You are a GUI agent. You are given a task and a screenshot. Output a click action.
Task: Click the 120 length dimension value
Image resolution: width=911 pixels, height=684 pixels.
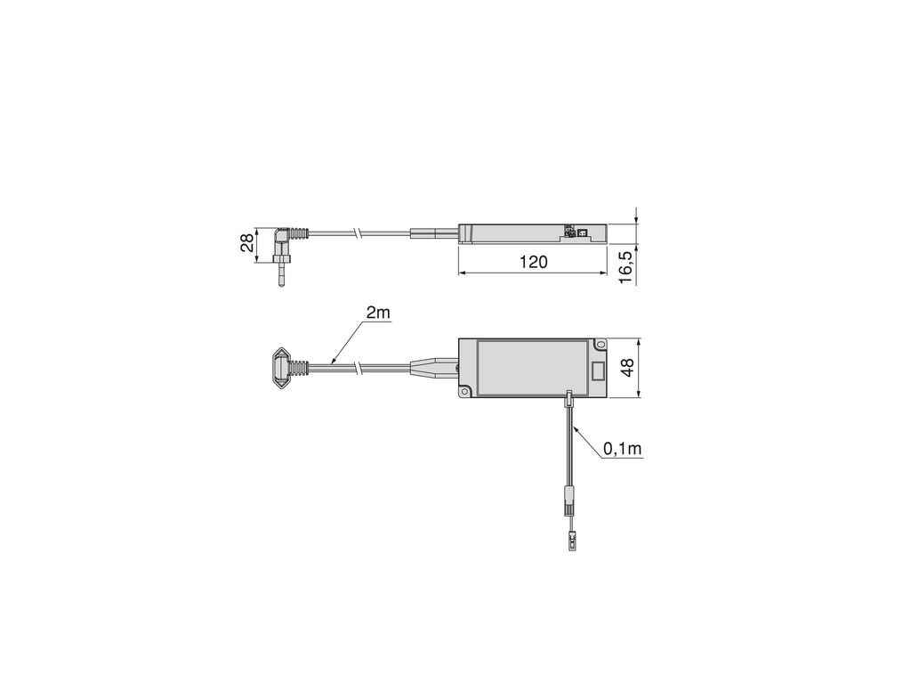tap(534, 263)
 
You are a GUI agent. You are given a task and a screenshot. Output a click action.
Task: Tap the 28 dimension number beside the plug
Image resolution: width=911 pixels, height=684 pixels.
tap(247, 242)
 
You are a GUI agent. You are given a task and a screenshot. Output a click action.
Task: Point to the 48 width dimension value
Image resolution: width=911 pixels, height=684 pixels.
tap(627, 369)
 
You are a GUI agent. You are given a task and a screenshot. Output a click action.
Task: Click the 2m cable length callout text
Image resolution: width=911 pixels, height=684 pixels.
tap(378, 313)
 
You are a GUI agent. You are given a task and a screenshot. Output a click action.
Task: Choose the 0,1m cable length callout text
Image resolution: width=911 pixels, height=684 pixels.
tap(622, 449)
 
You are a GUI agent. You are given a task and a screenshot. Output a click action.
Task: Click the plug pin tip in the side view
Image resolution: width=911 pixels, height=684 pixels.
tap(282, 284)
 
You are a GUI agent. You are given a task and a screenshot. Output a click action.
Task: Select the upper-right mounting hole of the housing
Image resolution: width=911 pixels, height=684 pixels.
tap(600, 346)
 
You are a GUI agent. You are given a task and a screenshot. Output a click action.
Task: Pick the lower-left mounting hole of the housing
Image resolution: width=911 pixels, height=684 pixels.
tap(464, 393)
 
